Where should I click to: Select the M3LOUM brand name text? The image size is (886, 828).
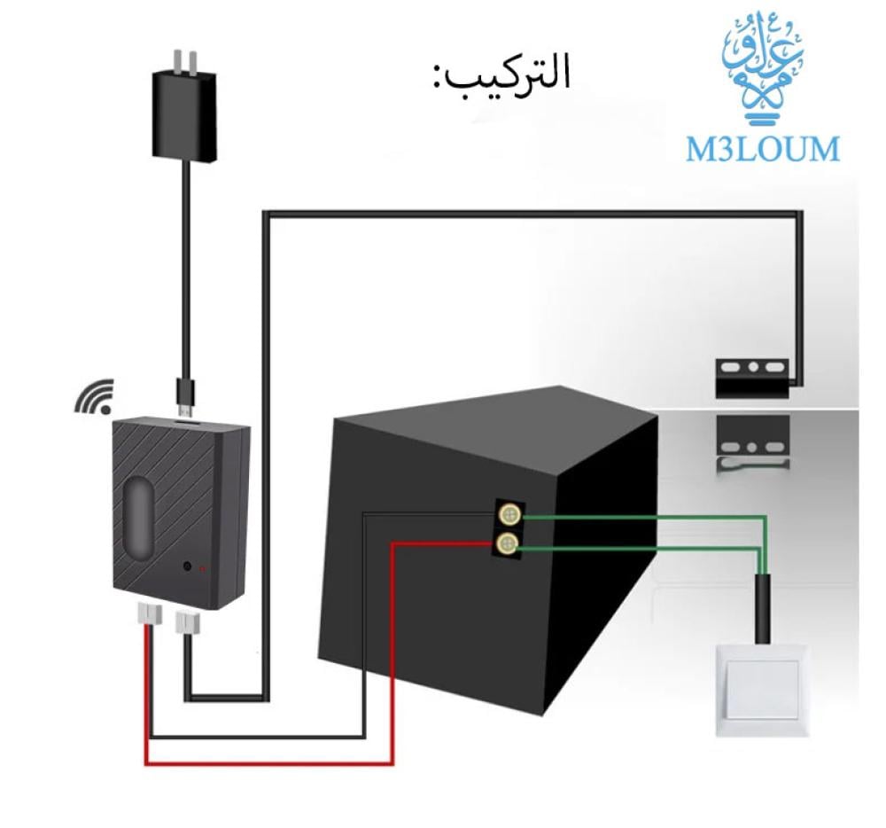[762, 149]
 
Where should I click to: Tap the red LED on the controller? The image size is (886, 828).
[203, 567]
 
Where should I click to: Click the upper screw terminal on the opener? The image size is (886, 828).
[509, 514]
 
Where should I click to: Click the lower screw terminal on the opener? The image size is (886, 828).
[509, 543]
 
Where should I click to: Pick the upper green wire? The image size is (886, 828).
[638, 517]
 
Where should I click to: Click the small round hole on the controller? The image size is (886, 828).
[186, 566]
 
